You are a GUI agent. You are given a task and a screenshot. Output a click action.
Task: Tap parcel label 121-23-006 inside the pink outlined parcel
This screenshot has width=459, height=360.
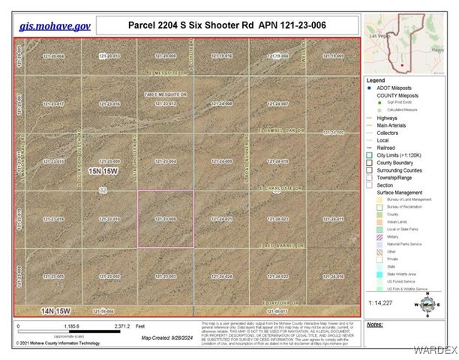(x=165, y=219)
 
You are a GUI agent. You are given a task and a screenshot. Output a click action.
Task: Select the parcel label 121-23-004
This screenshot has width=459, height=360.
(x=165, y=161)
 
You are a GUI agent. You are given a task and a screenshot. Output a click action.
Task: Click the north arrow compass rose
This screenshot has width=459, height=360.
(x=428, y=303)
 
